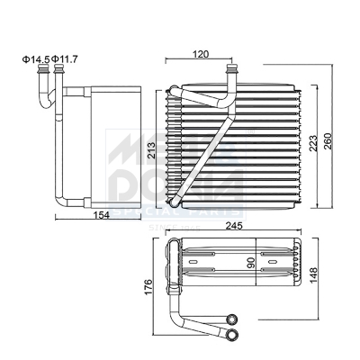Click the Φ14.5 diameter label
coord(36,60)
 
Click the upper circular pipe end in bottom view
coord(232,319)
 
